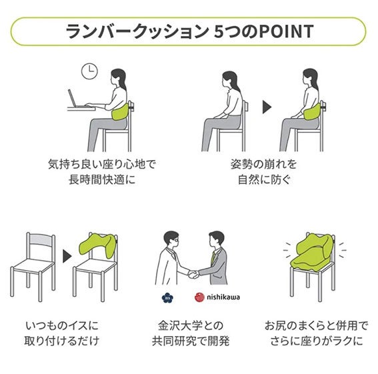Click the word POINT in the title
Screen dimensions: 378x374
287,31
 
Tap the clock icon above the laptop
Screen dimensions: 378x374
89,71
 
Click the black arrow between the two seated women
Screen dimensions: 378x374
267,107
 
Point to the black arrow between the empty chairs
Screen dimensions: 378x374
67,256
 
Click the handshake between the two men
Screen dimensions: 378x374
193,274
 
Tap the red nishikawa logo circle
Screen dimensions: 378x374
199,297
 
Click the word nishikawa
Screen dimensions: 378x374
223,297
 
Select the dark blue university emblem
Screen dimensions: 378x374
167,297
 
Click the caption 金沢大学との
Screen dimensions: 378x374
191,325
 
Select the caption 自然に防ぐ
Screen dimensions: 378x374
264,179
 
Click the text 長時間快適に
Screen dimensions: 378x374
102,179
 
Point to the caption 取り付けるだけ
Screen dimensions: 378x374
62,341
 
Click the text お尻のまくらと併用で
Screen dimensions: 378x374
316,325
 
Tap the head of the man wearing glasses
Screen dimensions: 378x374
171,239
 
